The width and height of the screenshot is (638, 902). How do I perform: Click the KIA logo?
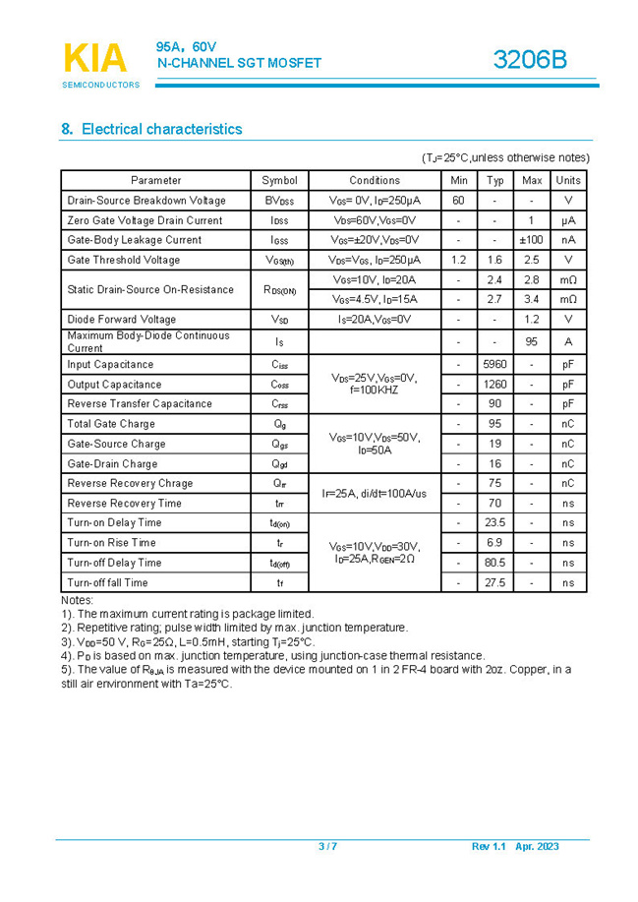coord(95,59)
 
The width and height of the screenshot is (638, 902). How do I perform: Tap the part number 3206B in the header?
coord(530,60)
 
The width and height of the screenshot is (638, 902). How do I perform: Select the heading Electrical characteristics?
coord(151,129)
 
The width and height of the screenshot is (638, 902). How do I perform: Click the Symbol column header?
coord(279,180)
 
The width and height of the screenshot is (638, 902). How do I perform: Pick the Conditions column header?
coord(375,180)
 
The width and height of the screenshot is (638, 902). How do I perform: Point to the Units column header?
coord(567,180)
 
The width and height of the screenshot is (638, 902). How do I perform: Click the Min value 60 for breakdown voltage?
coord(458,201)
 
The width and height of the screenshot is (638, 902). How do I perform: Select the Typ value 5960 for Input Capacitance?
coord(494,364)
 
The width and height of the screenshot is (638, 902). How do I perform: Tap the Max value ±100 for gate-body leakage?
coord(532,240)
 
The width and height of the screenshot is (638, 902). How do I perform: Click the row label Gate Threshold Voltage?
coord(124,260)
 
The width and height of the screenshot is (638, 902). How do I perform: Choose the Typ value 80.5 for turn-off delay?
coord(494,563)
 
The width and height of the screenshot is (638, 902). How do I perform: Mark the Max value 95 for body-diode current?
coord(532,341)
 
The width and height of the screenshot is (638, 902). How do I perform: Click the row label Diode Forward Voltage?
coord(122,320)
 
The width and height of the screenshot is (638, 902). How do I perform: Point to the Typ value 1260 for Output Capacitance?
coord(494,385)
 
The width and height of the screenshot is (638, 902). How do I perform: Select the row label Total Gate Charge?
coord(111,424)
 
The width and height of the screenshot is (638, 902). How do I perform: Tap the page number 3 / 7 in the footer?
coord(327,847)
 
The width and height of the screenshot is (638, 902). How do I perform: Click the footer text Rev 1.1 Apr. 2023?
coord(515,847)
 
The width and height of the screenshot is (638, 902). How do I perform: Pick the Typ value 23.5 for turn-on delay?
coord(494,522)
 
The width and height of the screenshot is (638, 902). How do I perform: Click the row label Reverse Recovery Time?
coord(124,503)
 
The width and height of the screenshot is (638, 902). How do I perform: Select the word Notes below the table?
coord(77,600)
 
